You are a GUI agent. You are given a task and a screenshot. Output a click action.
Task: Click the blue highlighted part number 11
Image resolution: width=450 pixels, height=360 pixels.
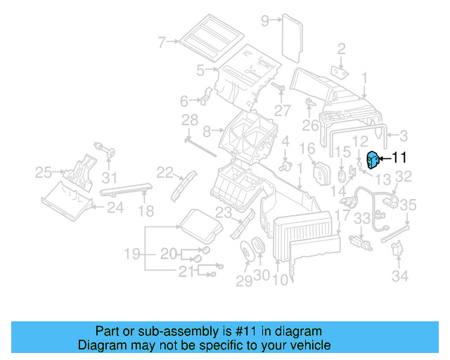373,161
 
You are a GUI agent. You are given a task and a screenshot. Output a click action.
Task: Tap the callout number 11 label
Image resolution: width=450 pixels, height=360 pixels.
399,159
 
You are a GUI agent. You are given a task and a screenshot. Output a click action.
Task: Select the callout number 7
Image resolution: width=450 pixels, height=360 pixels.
162,43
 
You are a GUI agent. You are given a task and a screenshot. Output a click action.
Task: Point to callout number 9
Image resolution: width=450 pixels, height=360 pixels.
265,20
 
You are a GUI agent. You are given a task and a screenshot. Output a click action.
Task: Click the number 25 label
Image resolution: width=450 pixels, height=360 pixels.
44,172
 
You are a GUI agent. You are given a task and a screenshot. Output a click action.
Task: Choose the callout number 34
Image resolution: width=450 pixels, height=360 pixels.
399,276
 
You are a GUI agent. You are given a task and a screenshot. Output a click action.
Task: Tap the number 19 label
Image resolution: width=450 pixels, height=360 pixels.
133,253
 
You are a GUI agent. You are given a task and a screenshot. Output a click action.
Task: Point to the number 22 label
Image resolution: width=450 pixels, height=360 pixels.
165,173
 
